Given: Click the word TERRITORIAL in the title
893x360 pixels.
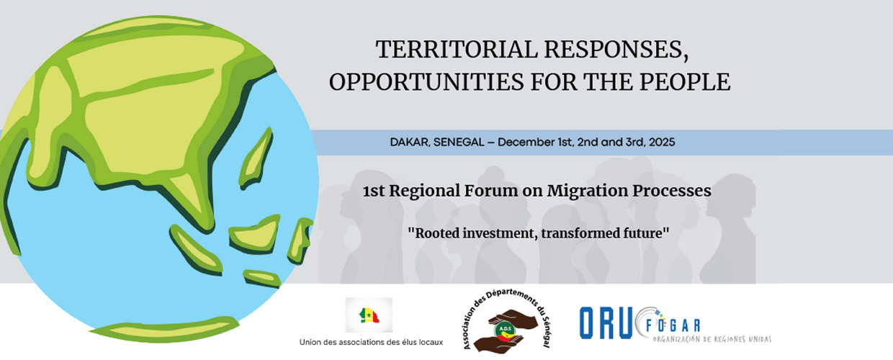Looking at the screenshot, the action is pyautogui.click(x=457, y=49).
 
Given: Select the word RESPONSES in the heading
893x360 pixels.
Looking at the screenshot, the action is pyautogui.click(x=616, y=50).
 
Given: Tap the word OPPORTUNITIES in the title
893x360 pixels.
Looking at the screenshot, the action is pyautogui.click(x=426, y=82).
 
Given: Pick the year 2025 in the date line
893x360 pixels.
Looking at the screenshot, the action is pyautogui.click(x=662, y=143).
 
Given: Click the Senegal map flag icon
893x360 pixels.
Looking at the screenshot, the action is pyautogui.click(x=369, y=315).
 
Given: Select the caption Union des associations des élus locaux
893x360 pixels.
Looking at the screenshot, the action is pyautogui.click(x=371, y=342).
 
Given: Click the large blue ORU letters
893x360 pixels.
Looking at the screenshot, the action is pyautogui.click(x=606, y=323).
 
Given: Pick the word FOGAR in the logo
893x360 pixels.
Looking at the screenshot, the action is pyautogui.click(x=673, y=326).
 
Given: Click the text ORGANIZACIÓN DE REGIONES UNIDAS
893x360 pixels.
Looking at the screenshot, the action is pyautogui.click(x=712, y=339).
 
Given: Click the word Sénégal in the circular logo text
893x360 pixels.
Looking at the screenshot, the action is pyautogui.click(x=546, y=332).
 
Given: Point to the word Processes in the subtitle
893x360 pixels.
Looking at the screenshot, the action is pyautogui.click(x=672, y=191).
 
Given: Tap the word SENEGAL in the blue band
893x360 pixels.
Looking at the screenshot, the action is pyautogui.click(x=459, y=143).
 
